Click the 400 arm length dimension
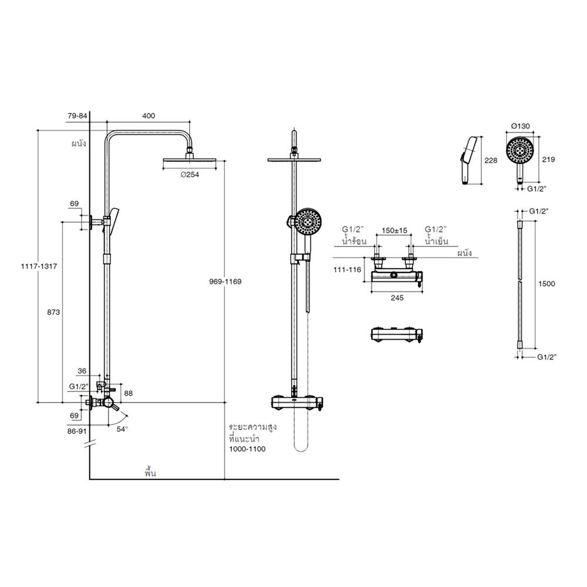[149, 116]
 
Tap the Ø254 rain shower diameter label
[191, 174]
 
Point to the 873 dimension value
[53, 312]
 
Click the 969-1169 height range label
[225, 281]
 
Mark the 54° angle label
[122, 429]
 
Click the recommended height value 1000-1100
[247, 449]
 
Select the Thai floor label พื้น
[150, 471]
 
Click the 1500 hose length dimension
[546, 284]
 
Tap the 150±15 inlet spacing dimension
[394, 231]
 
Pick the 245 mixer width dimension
[397, 298]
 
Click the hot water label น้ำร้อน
[355, 241]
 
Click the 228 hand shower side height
[491, 160]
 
